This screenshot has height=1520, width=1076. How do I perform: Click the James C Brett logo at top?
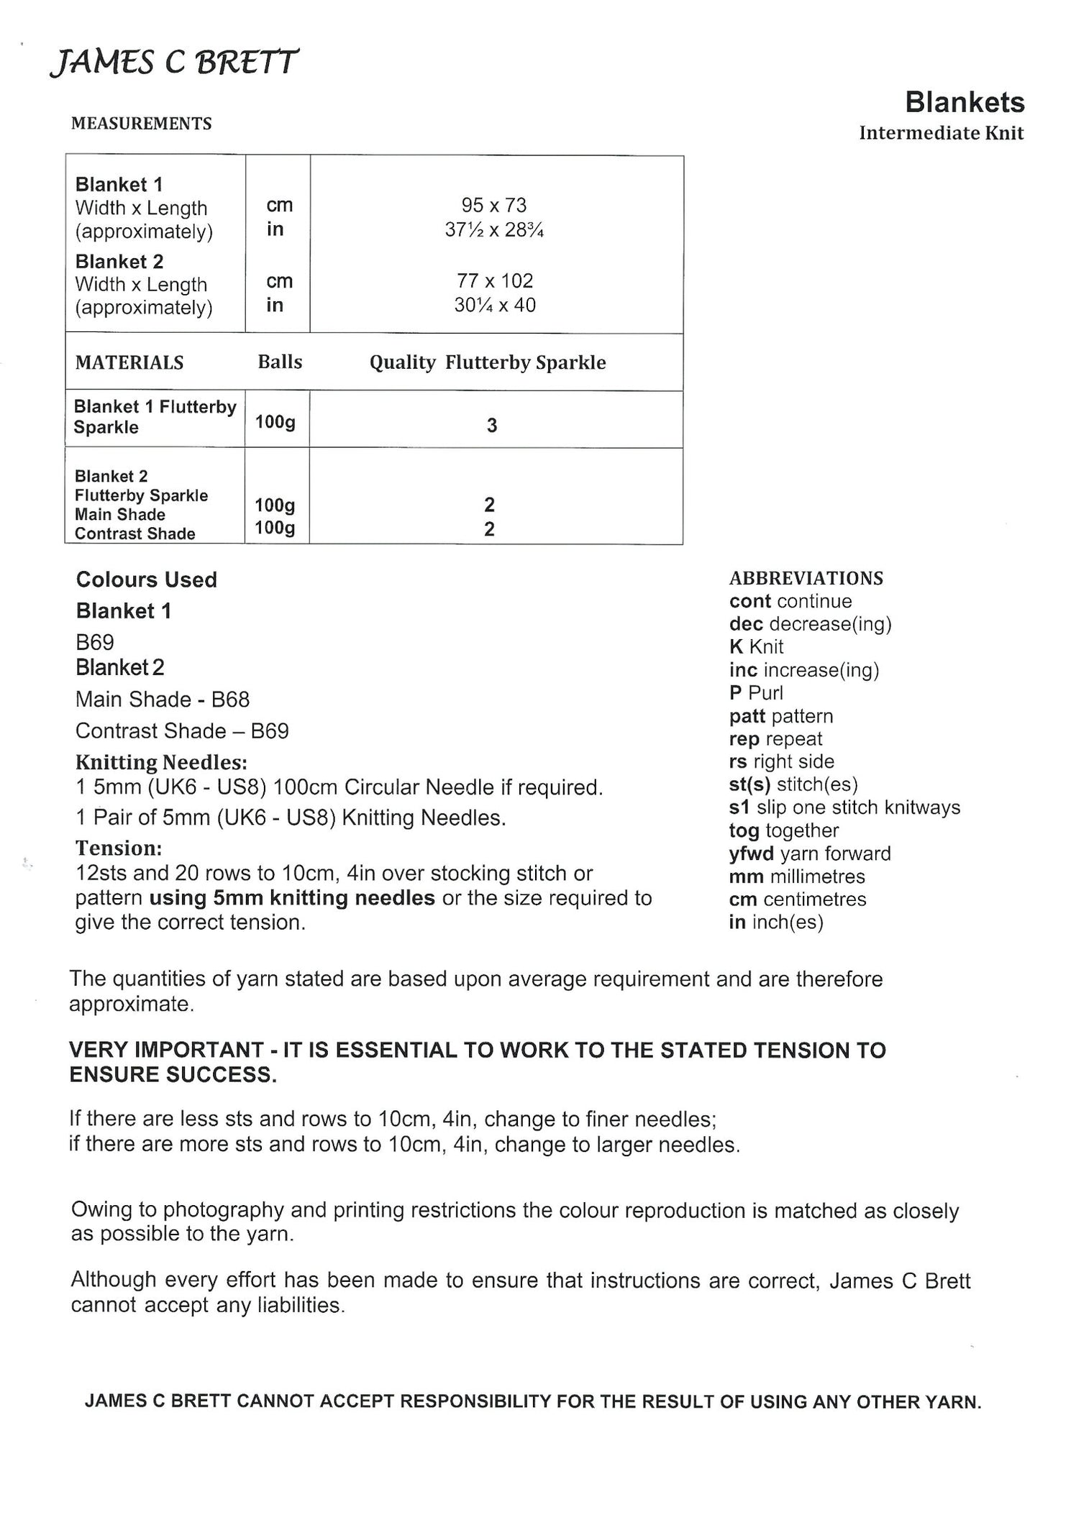pyautogui.click(x=173, y=63)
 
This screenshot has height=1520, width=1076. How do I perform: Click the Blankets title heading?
pyautogui.click(x=964, y=102)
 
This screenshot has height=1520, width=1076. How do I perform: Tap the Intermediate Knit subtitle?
pyautogui.click(x=941, y=133)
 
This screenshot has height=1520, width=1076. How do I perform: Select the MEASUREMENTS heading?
pyautogui.click(x=142, y=124)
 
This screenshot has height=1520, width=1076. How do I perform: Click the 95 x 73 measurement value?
pyautogui.click(x=493, y=206)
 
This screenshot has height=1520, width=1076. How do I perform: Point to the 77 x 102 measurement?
pyautogui.click(x=494, y=280)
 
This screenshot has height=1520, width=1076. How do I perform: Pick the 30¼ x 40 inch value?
pyautogui.click(x=494, y=305)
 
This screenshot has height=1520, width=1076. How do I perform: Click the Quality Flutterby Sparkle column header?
pyautogui.click(x=487, y=362)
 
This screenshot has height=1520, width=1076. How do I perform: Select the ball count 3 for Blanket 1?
pyautogui.click(x=491, y=426)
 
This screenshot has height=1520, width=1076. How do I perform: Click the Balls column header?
pyautogui.click(x=280, y=362)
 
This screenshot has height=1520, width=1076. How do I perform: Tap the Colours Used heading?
pyautogui.click(x=147, y=580)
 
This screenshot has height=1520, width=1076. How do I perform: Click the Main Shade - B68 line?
pyautogui.click(x=163, y=699)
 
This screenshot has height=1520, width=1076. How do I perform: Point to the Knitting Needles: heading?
pyautogui.click(x=161, y=761)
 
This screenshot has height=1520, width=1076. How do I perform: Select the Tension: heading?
pyautogui.click(x=119, y=848)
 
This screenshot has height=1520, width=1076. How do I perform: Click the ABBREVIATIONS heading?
pyautogui.click(x=806, y=578)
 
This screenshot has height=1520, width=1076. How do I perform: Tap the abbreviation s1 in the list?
pyautogui.click(x=739, y=807)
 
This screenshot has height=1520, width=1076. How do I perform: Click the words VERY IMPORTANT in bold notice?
pyautogui.click(x=166, y=1050)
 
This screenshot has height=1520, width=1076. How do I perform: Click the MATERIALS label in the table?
pyautogui.click(x=129, y=362)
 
